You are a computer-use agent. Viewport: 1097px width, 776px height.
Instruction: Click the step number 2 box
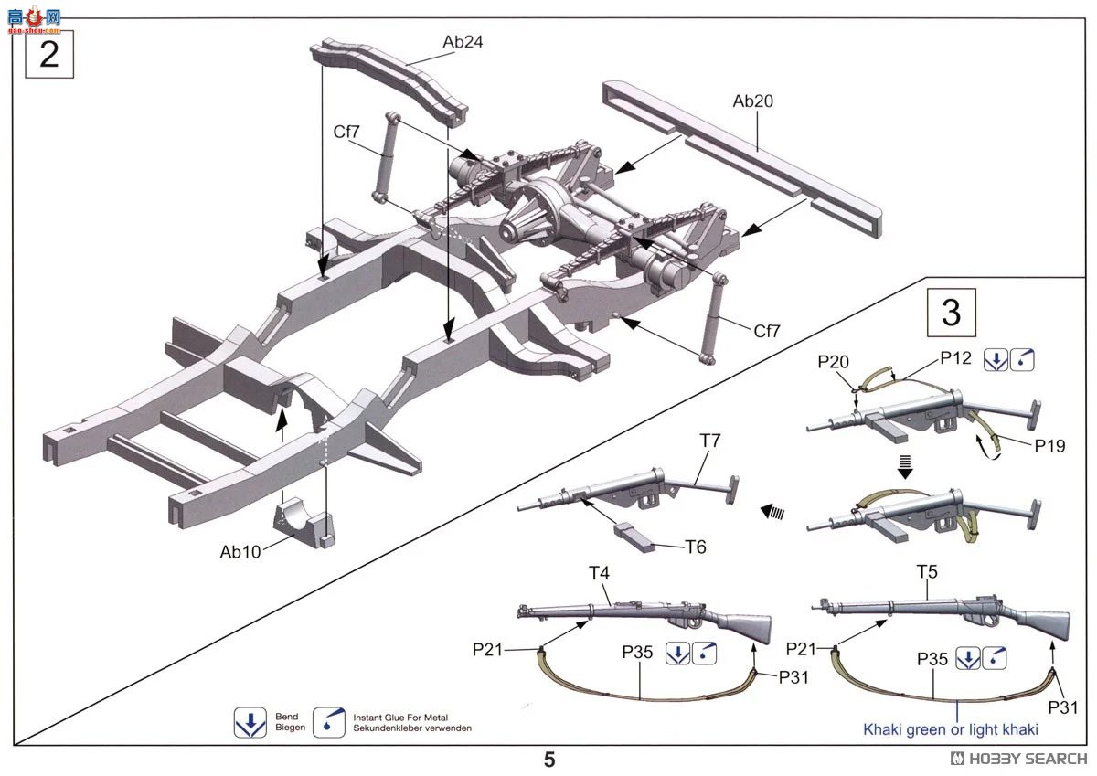pos(49,54)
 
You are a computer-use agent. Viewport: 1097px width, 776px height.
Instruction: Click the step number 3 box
pos(951,313)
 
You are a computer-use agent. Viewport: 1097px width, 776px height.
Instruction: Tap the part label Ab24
pos(463,42)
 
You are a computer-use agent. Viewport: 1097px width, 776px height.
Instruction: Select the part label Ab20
pos(752,101)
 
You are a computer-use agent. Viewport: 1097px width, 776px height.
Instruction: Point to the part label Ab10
pos(240,552)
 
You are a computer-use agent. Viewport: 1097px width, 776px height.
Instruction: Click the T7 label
pos(709,441)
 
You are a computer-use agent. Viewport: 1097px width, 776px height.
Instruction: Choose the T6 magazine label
pos(696,547)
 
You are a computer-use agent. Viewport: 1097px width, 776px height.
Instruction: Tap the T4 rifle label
pos(599,573)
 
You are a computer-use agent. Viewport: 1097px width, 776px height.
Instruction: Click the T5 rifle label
pos(927,572)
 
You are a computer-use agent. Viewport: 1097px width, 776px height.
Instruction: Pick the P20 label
pos(833,362)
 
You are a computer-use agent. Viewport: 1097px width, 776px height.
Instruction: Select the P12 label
pos(955,358)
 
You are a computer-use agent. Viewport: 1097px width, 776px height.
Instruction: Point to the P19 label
pos(1049,445)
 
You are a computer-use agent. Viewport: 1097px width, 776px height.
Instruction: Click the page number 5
pos(549,760)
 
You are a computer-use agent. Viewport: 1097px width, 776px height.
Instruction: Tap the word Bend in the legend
pos(286,717)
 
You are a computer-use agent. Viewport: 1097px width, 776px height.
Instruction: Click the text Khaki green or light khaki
pos(951,729)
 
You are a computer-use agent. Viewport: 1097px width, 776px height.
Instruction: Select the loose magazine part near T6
pos(634,537)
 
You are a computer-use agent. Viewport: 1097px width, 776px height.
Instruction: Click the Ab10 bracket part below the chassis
pos(304,523)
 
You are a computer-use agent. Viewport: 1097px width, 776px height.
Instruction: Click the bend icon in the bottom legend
pos(250,723)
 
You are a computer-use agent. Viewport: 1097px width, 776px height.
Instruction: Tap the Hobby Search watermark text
pos(1019,759)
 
